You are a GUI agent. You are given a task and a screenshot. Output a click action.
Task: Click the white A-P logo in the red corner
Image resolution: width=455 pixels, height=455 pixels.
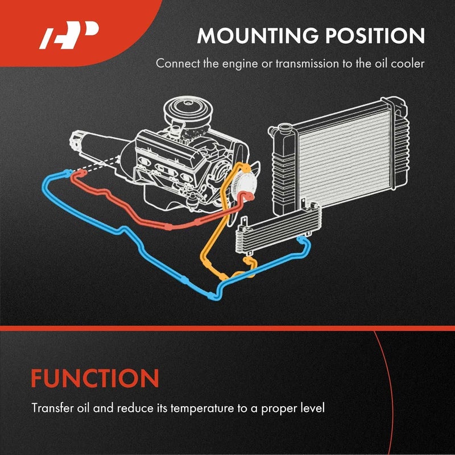pos(69,35)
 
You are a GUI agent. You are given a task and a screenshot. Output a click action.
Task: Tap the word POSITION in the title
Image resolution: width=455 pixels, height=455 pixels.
pos(375,36)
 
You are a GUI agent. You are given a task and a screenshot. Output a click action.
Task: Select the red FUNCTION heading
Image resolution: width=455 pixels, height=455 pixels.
pos(95,378)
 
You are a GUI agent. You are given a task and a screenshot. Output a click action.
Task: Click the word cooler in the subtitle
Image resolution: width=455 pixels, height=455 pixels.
pos(407,64)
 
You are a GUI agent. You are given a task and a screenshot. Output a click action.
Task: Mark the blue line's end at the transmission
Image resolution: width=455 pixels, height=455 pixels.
pos(68,172)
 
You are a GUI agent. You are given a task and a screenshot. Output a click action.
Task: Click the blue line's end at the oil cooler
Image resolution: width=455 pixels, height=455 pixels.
pos(301,239)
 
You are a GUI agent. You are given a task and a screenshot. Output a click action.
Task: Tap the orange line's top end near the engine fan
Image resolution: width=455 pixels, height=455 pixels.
pos(247,168)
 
